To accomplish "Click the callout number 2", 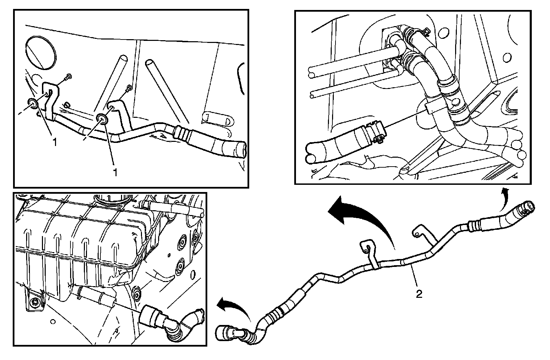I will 419,294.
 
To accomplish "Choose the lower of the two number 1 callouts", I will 115,172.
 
